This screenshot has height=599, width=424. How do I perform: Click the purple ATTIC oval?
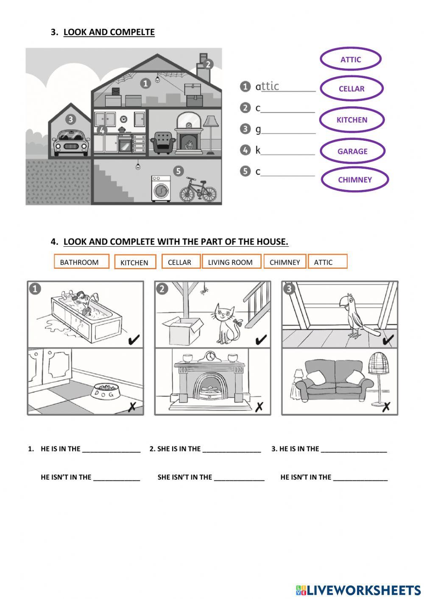click(x=350, y=59)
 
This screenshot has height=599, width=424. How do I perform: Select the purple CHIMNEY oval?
click(x=354, y=180)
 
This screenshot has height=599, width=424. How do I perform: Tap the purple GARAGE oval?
click(x=352, y=151)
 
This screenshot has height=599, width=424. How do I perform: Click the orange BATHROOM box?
click(x=81, y=262)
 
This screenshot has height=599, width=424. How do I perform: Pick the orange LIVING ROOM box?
click(x=230, y=262)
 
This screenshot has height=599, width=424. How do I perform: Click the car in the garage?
click(x=71, y=142)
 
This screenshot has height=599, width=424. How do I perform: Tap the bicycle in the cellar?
click(x=198, y=190)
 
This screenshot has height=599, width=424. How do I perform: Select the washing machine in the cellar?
click(x=161, y=189)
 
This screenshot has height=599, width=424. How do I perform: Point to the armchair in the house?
click(x=163, y=142)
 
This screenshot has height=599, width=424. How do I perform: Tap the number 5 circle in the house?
click(x=179, y=171)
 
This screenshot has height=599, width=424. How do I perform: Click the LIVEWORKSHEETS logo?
click(x=358, y=590)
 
